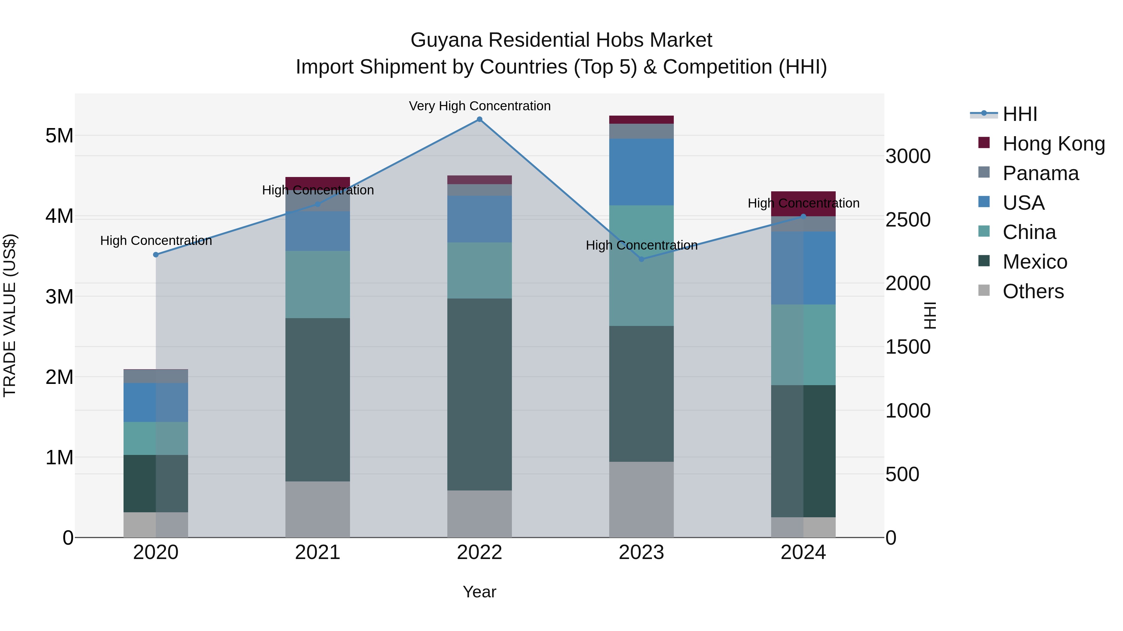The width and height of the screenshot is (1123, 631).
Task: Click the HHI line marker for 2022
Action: click(479, 119)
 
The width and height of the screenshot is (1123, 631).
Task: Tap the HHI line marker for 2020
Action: click(156, 255)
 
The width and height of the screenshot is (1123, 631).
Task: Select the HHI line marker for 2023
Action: click(641, 259)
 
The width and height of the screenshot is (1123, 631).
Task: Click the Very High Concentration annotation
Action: click(479, 106)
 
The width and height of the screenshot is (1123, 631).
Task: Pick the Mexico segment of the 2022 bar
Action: click(479, 394)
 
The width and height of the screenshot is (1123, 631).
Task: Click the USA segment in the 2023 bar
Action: click(641, 172)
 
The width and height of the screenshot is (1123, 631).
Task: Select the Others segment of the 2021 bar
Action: click(317, 509)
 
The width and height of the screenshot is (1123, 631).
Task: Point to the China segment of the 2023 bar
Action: click(641, 265)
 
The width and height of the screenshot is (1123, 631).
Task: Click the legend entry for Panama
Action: click(1040, 173)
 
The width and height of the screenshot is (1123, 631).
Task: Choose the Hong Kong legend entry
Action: click(1053, 144)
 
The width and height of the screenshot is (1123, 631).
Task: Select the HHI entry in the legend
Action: click(1019, 114)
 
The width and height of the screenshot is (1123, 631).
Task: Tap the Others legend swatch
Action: click(984, 290)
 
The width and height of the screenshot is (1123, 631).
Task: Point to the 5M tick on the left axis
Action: click(59, 136)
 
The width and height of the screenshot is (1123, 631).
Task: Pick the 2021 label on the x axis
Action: click(317, 552)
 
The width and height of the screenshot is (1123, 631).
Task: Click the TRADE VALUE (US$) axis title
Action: click(10, 315)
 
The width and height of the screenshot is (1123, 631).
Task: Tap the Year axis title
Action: click(479, 592)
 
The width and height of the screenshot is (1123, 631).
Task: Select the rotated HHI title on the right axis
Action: click(930, 315)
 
